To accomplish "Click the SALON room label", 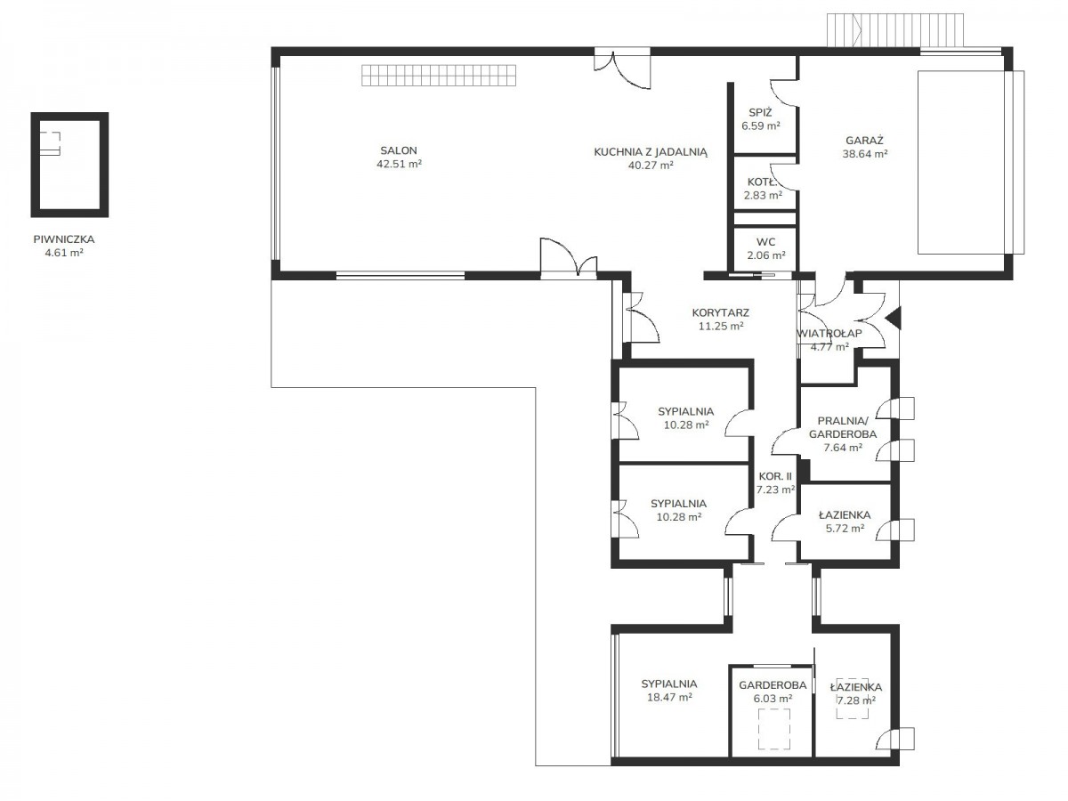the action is [x=399, y=150].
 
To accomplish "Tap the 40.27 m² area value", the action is [x=651, y=166].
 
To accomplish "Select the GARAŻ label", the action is [x=864, y=141].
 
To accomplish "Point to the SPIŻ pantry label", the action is [x=760, y=112].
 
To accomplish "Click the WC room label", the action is [x=766, y=242].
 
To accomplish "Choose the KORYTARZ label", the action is [x=721, y=312].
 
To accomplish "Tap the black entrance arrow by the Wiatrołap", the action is [x=894, y=319].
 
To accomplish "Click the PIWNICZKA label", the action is [x=64, y=239].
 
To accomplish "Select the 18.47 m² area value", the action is [x=669, y=697].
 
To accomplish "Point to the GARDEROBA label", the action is [x=773, y=685].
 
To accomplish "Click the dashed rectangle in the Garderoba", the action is [x=773, y=729].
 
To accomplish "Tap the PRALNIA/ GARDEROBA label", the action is [x=843, y=427].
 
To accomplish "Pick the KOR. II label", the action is [x=775, y=476].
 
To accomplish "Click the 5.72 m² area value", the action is [x=845, y=528].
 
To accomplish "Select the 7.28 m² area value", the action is [x=856, y=700].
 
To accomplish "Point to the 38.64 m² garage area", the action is [x=865, y=154].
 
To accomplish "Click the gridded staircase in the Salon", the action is [x=439, y=75].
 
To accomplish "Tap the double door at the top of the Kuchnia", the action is [x=622, y=68].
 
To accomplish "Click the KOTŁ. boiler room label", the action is [x=762, y=182].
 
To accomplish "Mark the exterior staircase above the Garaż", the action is [x=895, y=30].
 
